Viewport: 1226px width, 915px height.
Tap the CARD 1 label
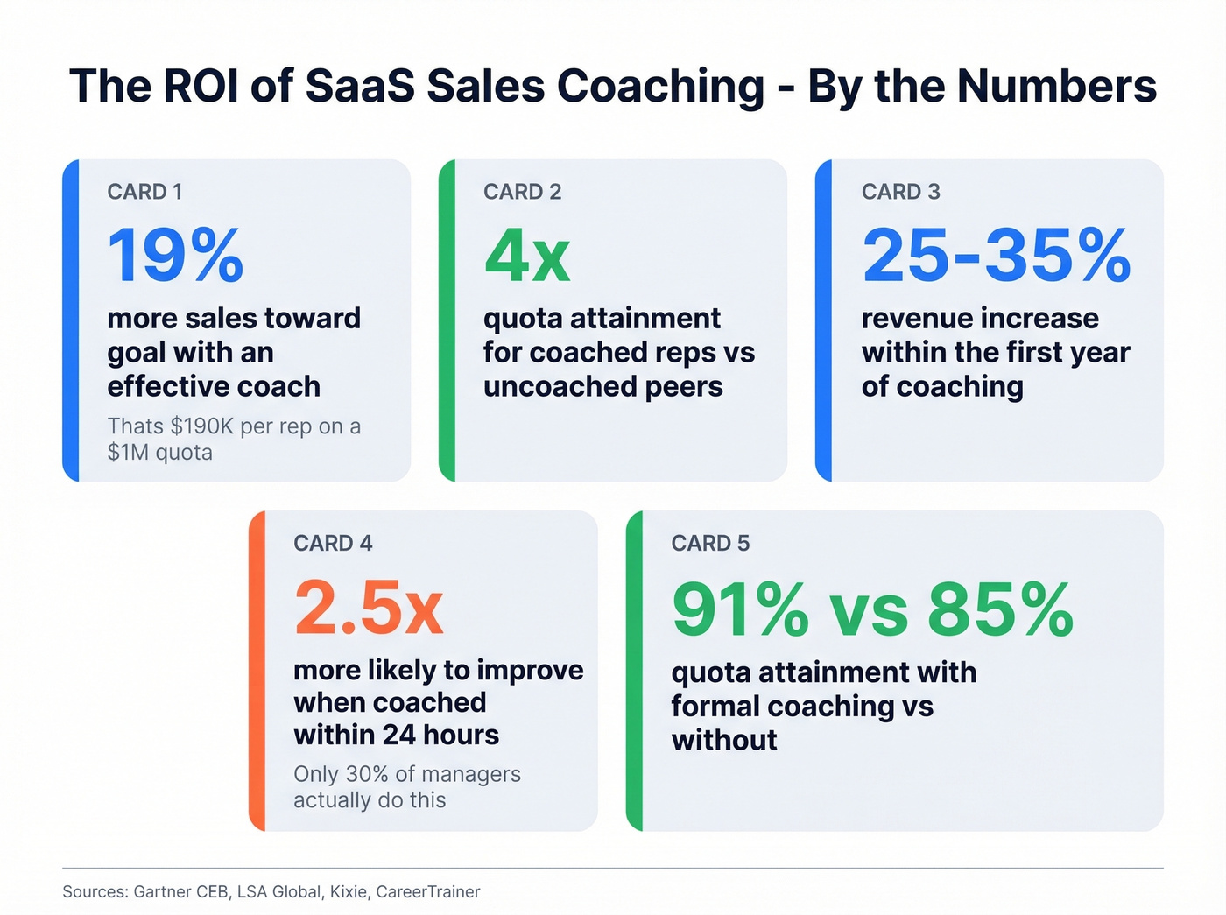tap(144, 192)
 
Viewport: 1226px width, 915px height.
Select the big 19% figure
tap(175, 256)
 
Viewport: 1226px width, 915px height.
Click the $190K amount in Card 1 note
tap(201, 426)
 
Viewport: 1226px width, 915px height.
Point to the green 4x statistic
tap(526, 256)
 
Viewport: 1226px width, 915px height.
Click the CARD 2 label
tap(522, 192)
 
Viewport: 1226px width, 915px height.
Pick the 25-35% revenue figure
tap(996, 256)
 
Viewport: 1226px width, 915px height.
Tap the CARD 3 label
tap(900, 192)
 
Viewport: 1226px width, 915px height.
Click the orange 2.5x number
tap(369, 608)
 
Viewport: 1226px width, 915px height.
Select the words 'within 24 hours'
tap(396, 735)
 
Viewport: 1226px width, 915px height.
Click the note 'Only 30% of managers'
tap(406, 774)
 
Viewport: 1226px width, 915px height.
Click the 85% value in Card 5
tap(1000, 609)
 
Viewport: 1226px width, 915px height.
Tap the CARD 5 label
tap(710, 544)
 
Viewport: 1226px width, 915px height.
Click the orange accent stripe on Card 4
tap(257, 671)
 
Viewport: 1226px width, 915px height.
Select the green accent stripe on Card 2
tap(447, 320)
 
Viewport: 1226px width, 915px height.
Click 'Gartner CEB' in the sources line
tap(180, 892)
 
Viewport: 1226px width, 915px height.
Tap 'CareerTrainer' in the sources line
tap(427, 892)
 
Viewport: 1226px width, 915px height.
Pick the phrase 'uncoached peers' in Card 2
tap(602, 386)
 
